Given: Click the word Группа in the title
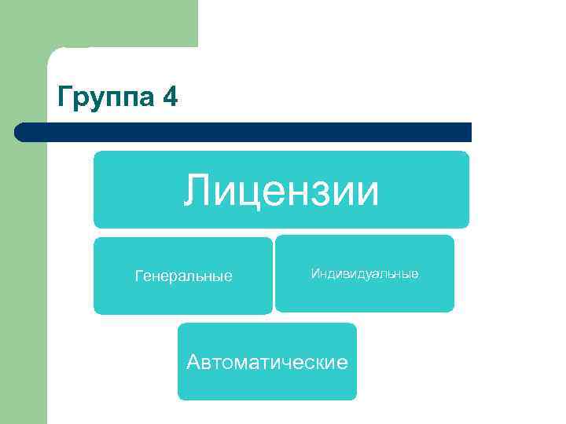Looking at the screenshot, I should tap(107, 98).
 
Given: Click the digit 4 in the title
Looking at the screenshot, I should tap(171, 97).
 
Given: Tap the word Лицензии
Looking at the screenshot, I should tap(281, 191).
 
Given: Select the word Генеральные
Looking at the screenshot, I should tap(184, 276).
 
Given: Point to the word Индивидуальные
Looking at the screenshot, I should tap(365, 273).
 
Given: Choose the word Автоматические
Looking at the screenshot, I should tap(267, 362).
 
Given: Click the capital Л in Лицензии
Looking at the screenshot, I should tap(197, 192).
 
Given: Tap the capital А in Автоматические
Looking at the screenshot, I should tap(194, 362).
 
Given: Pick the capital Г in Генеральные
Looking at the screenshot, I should tap(139, 276).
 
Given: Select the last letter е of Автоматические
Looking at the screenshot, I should tap(343, 363).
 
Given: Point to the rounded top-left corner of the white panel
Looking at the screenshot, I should tap(53, 53).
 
